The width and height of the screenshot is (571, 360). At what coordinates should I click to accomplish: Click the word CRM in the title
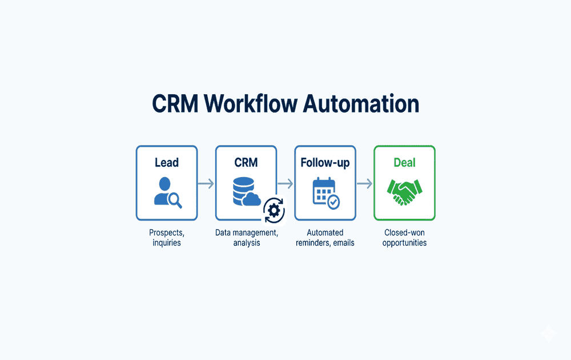pyautogui.click(x=175, y=104)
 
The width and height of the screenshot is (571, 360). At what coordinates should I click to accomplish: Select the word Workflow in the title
pyautogui.click(x=251, y=103)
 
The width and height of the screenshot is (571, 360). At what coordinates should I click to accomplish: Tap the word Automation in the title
pyautogui.click(x=361, y=103)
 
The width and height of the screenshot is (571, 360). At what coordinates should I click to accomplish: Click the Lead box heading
pyautogui.click(x=167, y=162)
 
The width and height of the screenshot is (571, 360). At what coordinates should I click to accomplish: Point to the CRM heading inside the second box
pyautogui.click(x=246, y=162)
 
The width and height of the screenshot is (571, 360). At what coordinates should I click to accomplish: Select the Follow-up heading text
pyautogui.click(x=325, y=163)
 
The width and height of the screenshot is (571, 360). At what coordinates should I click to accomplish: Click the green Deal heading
pyautogui.click(x=405, y=162)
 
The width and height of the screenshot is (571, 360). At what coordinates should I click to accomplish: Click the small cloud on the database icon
pyautogui.click(x=252, y=199)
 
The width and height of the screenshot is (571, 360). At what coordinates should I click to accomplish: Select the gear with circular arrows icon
pyautogui.click(x=274, y=211)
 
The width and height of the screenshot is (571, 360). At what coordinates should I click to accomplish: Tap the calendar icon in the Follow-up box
pyautogui.click(x=323, y=190)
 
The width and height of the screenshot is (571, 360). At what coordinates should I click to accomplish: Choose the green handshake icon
pyautogui.click(x=404, y=192)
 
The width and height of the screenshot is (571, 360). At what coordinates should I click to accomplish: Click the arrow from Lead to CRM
pyautogui.click(x=206, y=183)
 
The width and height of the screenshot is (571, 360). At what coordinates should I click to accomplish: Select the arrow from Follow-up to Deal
pyautogui.click(x=364, y=183)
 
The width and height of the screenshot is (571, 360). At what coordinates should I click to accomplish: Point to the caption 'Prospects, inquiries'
pyautogui.click(x=167, y=238)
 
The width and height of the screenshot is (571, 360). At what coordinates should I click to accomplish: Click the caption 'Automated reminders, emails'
pyautogui.click(x=325, y=238)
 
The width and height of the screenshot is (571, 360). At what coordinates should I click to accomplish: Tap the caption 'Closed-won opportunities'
pyautogui.click(x=405, y=238)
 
